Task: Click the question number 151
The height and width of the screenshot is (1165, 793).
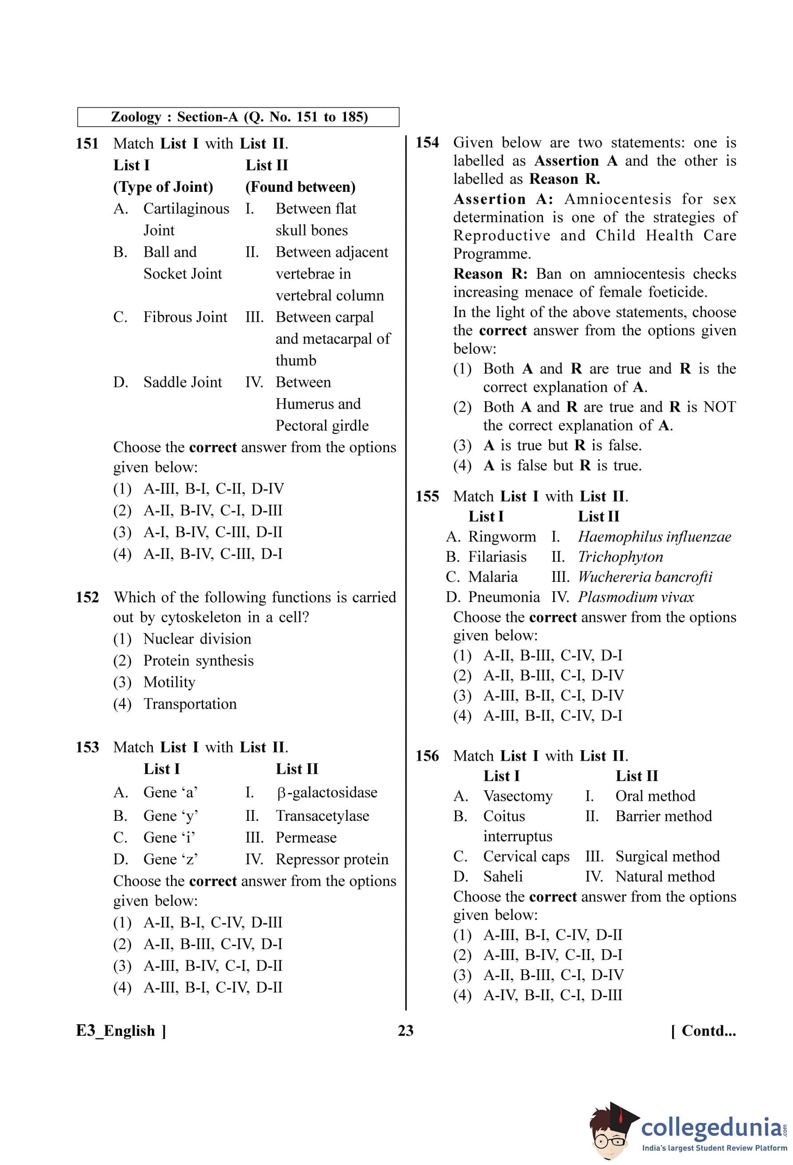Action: [87, 144]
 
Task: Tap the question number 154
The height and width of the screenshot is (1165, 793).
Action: [427, 143]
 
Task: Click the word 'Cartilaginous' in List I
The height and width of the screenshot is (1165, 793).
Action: [186, 209]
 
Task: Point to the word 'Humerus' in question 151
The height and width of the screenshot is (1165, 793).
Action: [318, 404]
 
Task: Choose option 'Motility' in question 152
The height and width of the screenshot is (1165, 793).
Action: [169, 682]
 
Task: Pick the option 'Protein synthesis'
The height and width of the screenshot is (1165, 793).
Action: [198, 661]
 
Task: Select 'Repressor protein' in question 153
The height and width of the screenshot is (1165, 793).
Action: [332, 859]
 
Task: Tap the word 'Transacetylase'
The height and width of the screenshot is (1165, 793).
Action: [323, 816]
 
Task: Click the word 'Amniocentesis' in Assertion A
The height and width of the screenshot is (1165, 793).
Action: [618, 199]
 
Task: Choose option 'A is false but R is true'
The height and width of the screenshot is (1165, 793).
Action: [562, 466]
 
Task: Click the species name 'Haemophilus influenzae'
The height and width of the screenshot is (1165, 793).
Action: [654, 537]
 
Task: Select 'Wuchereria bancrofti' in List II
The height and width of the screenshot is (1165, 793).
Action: [645, 577]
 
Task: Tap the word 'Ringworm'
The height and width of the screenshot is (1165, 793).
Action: [502, 537]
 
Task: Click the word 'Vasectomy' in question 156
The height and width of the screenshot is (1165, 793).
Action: [518, 796]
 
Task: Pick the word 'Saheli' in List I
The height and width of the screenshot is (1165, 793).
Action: [503, 876]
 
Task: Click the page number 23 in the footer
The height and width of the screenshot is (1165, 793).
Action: [406, 1031]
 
